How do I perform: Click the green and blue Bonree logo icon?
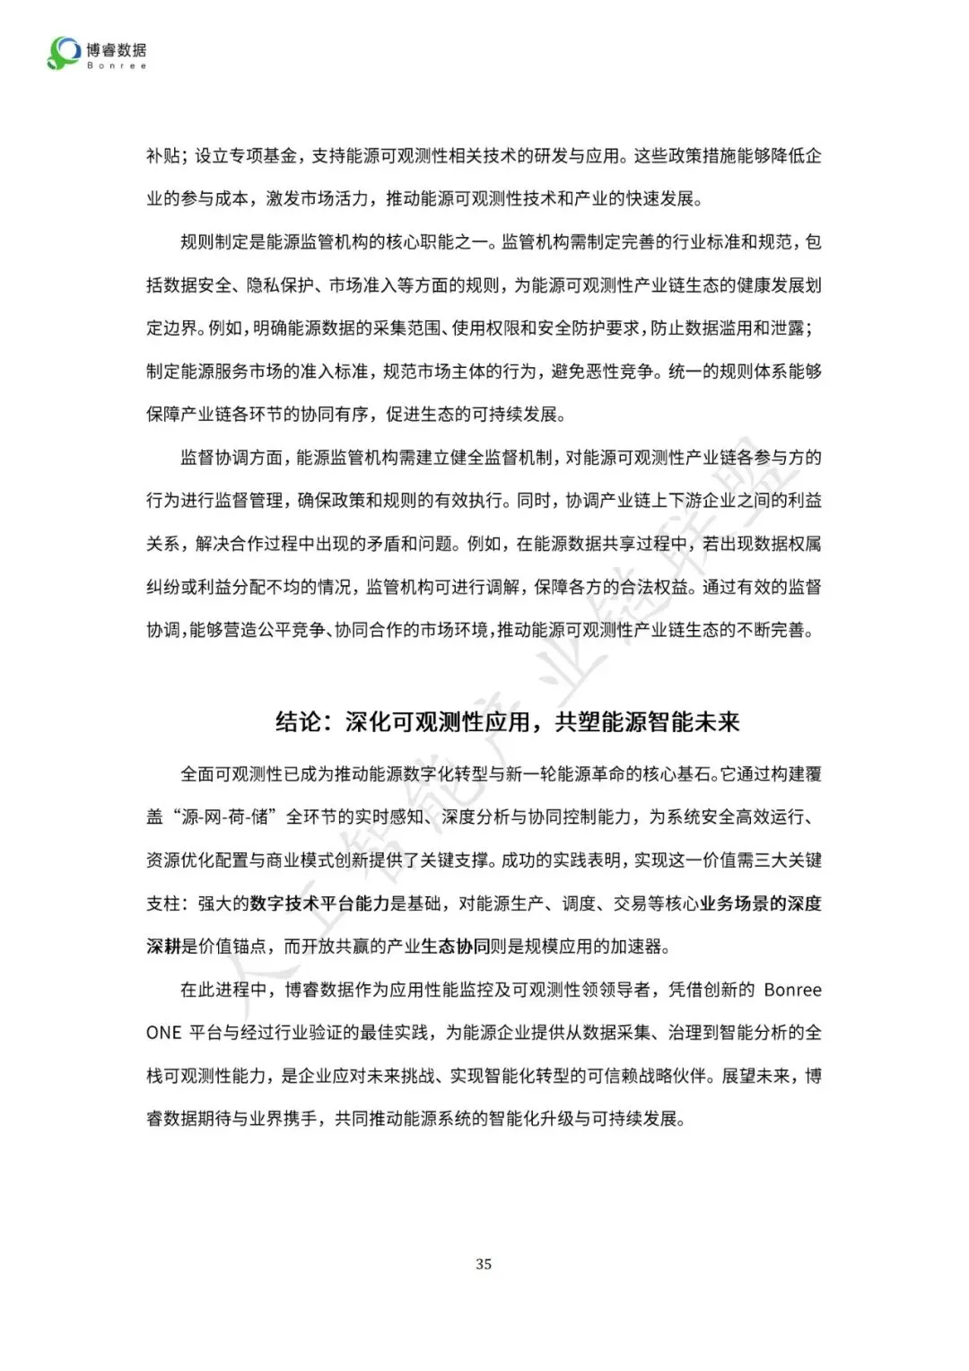coord(64,53)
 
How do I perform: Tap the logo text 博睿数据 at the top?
coord(117,49)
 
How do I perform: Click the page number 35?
coord(484,1263)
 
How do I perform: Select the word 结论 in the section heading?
coord(298,722)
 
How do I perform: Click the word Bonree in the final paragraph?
coord(792,990)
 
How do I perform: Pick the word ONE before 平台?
coord(163,1033)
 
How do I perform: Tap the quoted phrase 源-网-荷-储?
coord(220,817)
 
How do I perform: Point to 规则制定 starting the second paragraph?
coord(216,242)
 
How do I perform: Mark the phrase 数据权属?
coord(780,544)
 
